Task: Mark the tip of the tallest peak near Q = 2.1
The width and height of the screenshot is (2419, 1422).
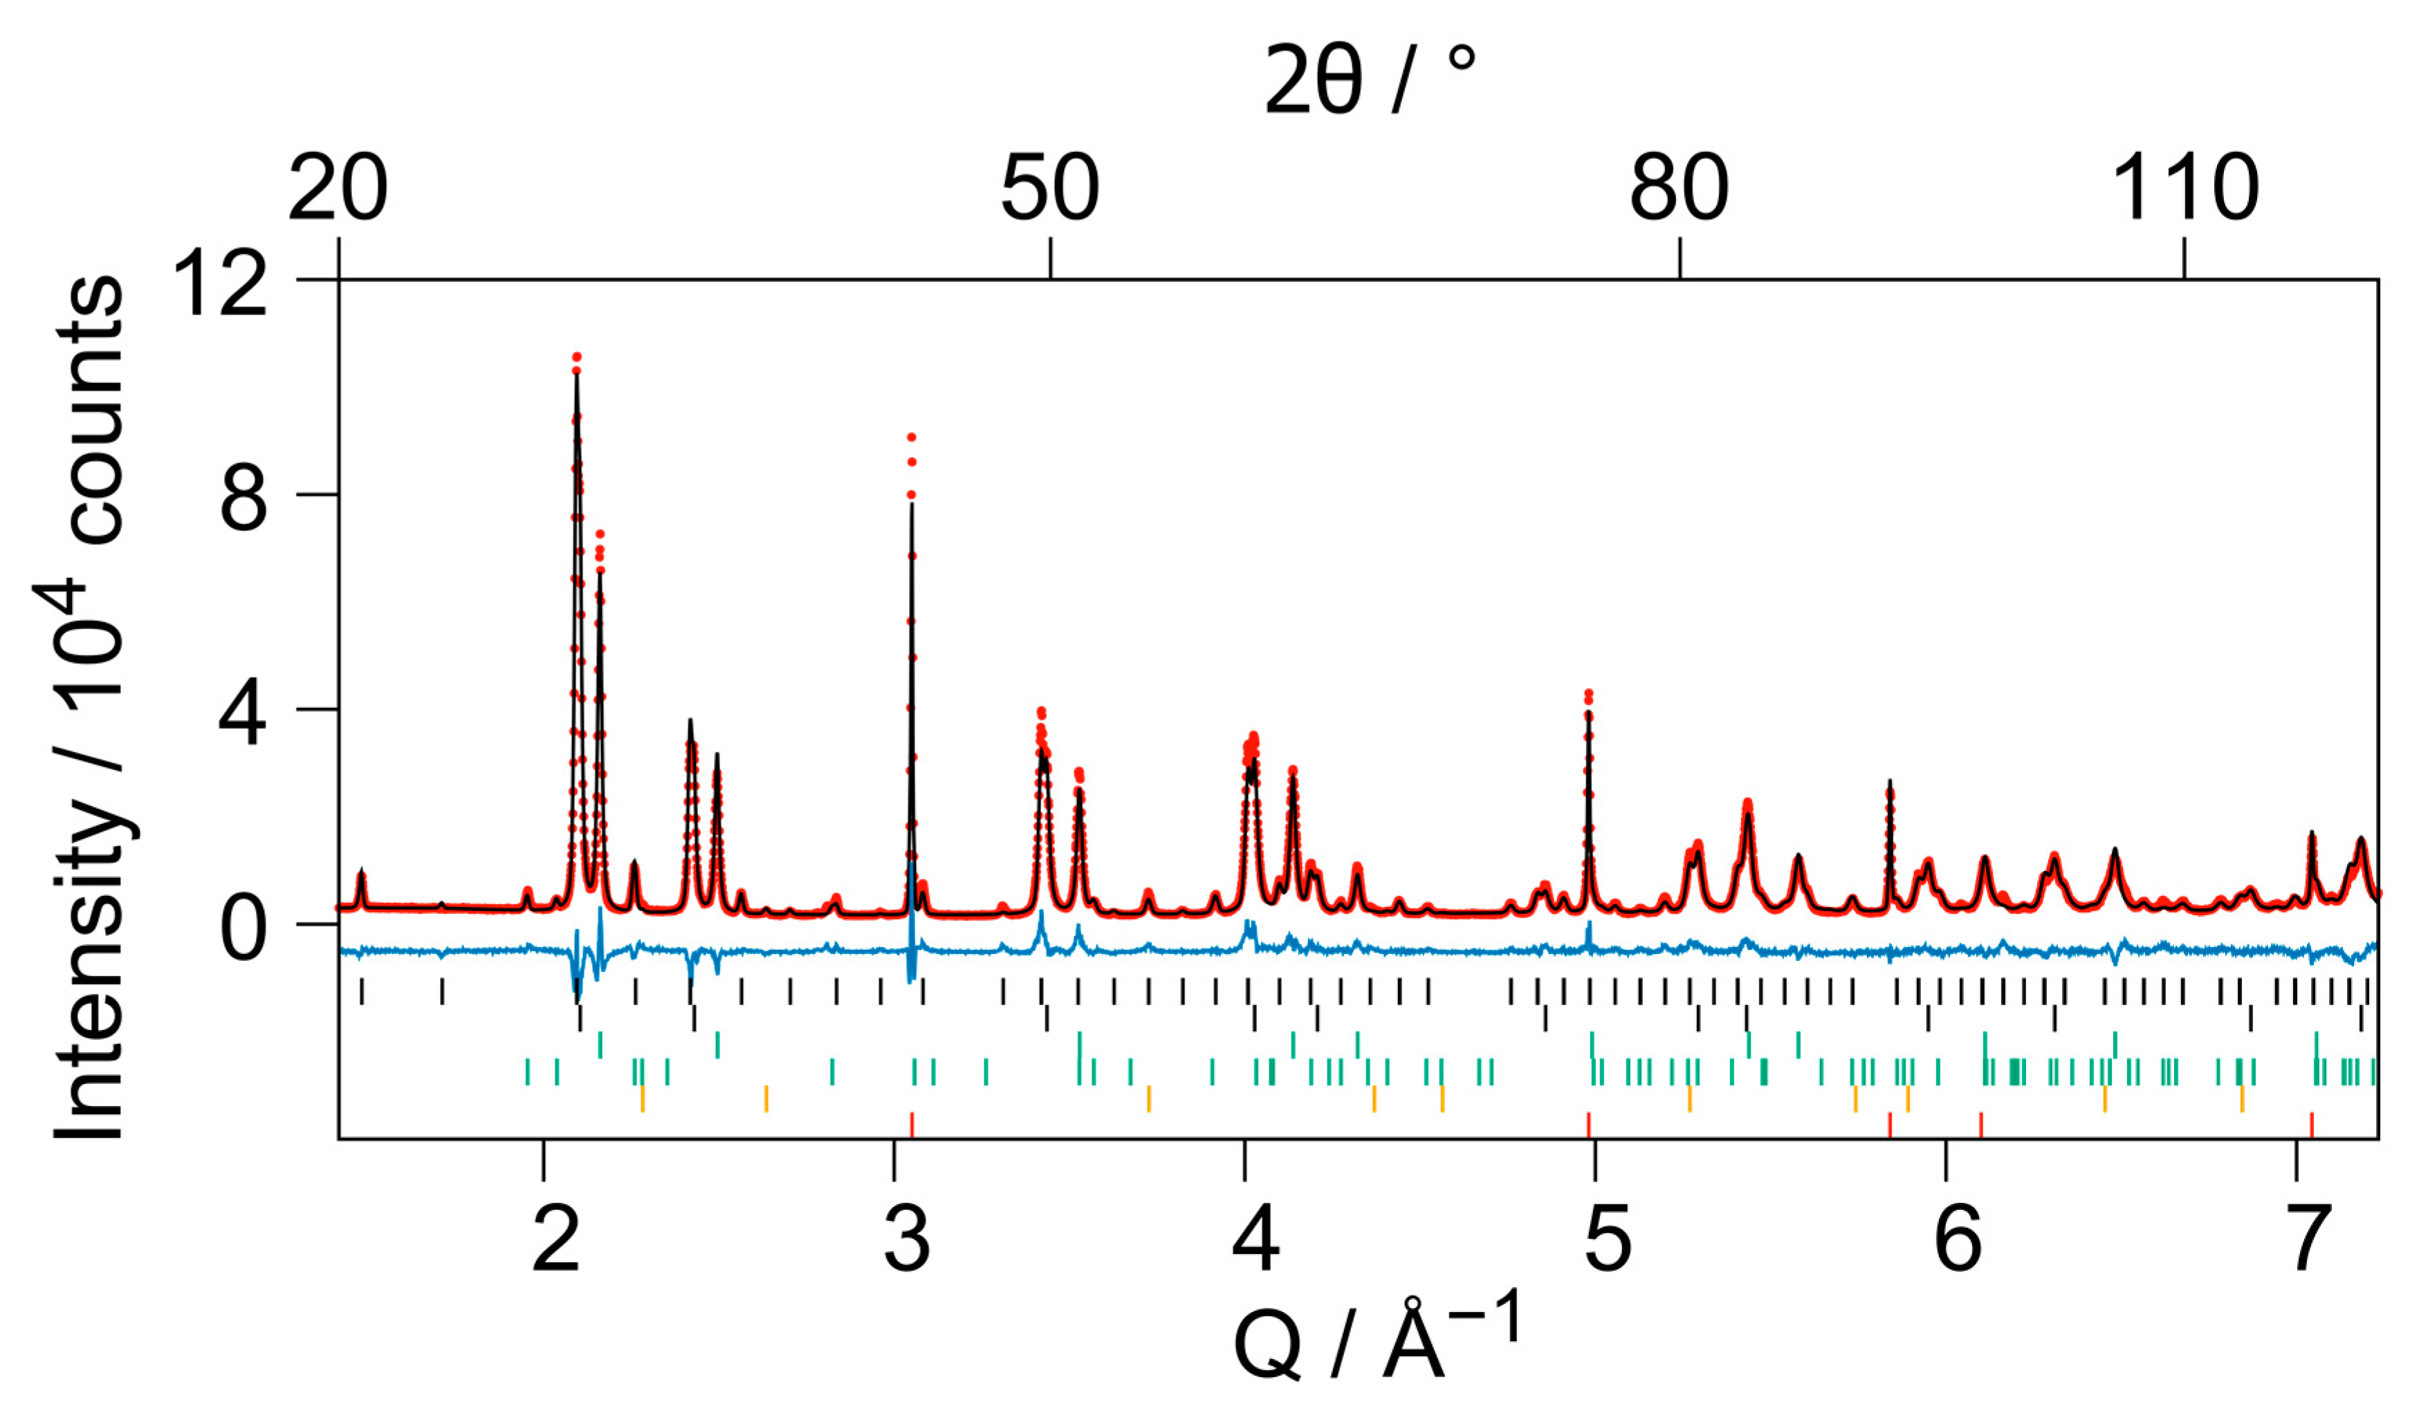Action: (x=577, y=357)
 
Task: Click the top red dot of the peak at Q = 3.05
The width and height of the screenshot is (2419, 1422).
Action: (x=911, y=438)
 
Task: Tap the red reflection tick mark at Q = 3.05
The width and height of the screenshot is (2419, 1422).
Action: (x=912, y=1125)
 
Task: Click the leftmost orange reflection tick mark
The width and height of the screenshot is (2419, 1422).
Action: (x=642, y=1098)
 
